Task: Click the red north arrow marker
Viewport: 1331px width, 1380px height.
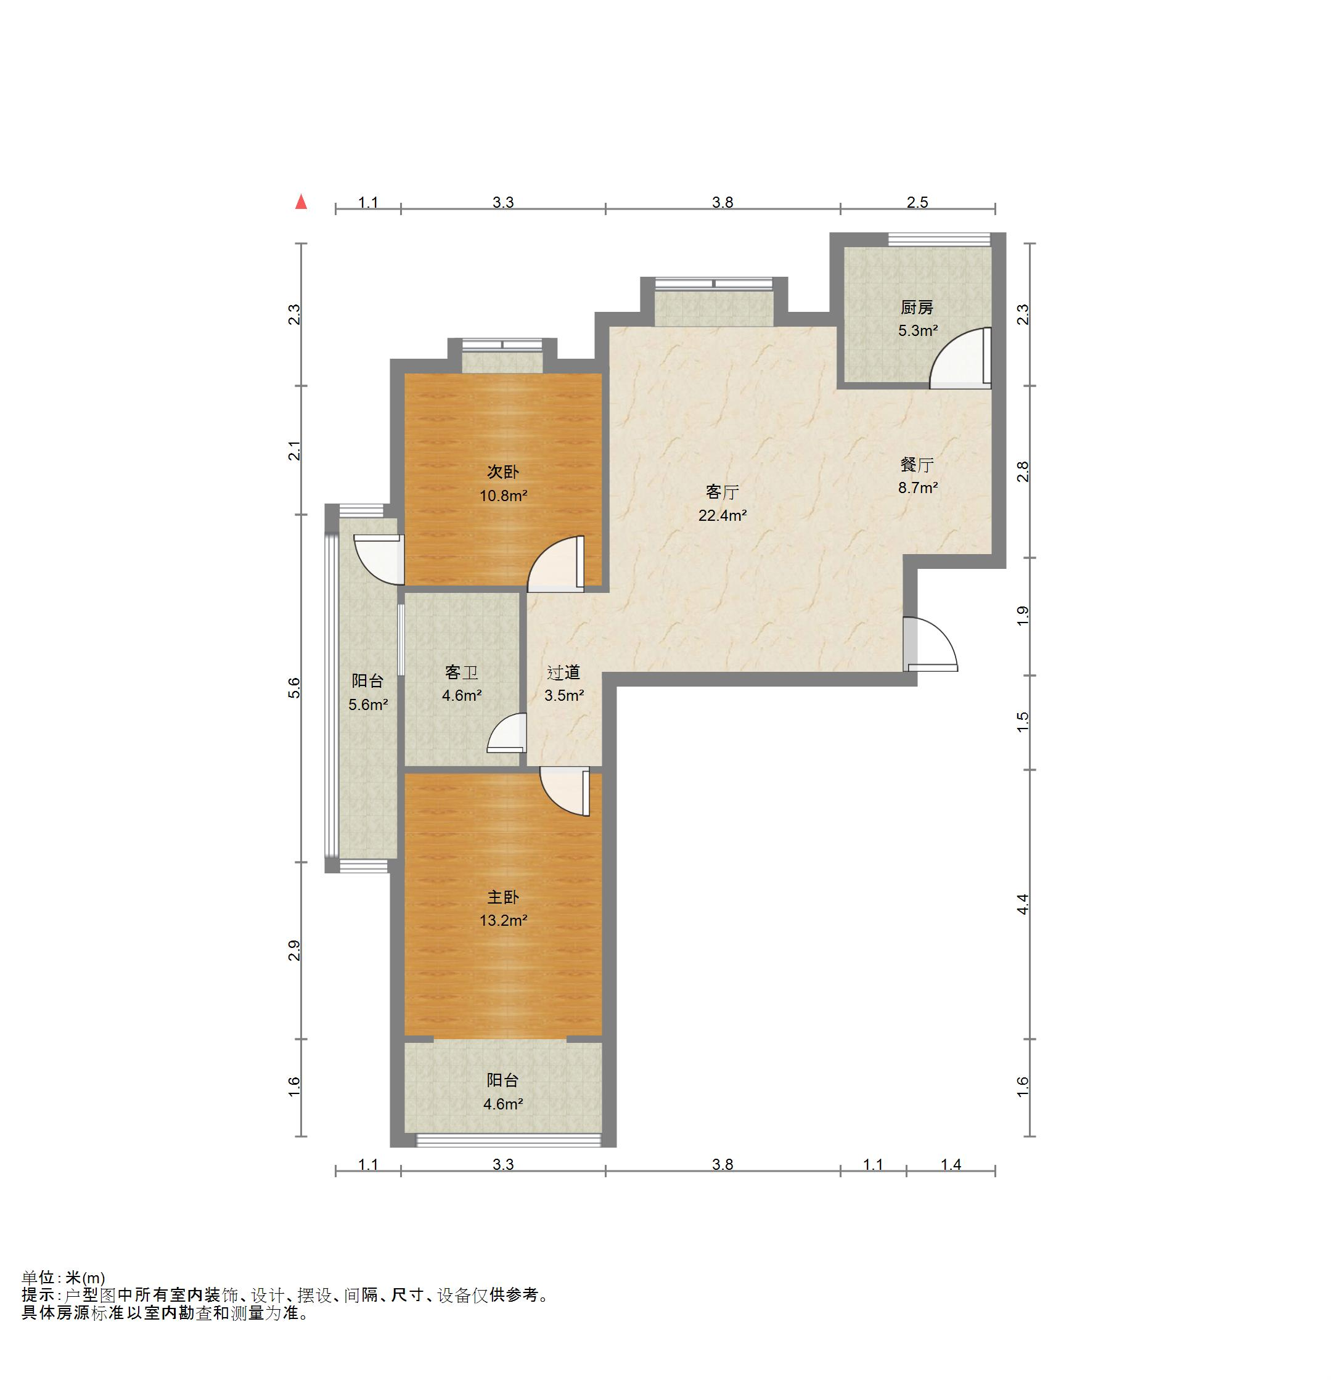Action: coord(301,202)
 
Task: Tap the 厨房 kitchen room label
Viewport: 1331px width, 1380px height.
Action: coord(917,308)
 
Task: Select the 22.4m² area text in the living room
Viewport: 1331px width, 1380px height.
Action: coord(723,515)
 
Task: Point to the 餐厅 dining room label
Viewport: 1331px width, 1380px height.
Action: coord(917,465)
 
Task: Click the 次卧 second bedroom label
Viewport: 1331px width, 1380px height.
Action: coord(503,472)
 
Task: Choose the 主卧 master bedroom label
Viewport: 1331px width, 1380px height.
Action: coord(503,897)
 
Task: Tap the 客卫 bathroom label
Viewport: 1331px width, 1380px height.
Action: coord(461,672)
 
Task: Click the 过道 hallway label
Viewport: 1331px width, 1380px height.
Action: coord(563,672)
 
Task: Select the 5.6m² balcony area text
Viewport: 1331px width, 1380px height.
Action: coord(368,704)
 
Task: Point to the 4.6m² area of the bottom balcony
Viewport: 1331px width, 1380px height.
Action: coord(503,1104)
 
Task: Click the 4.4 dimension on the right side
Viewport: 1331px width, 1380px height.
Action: coord(1023,904)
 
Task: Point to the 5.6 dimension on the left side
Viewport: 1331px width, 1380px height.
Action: coord(294,688)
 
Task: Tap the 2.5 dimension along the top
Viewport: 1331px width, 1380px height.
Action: coord(917,203)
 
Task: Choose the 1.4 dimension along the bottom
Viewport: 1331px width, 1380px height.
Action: coord(951,1164)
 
